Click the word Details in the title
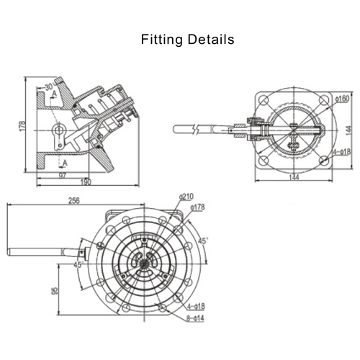(212, 40)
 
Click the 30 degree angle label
(49, 86)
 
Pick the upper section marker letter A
(53, 94)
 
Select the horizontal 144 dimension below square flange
(293, 177)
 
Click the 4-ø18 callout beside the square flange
(341, 152)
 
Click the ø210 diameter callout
(186, 197)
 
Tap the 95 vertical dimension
(55, 292)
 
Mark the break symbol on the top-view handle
(196, 130)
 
